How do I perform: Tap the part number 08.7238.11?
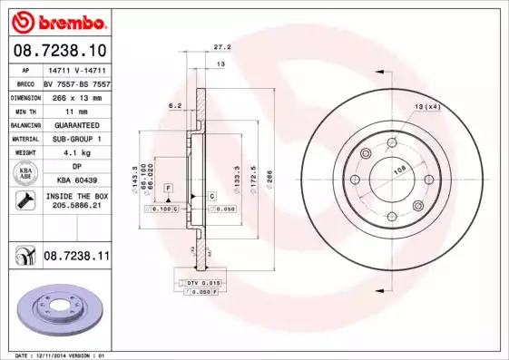pos(77,258)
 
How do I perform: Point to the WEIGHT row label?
pos(25,153)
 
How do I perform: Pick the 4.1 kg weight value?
pos(77,153)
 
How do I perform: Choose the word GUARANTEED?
pos(77,124)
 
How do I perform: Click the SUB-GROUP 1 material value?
pos(77,139)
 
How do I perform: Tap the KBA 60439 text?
pos(77,180)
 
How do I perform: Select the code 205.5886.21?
pos(77,206)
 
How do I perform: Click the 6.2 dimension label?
pos(176,106)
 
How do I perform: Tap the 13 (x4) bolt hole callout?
pos(426,108)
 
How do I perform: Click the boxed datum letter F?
pos(168,187)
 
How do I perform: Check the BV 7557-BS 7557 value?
pos(77,82)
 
